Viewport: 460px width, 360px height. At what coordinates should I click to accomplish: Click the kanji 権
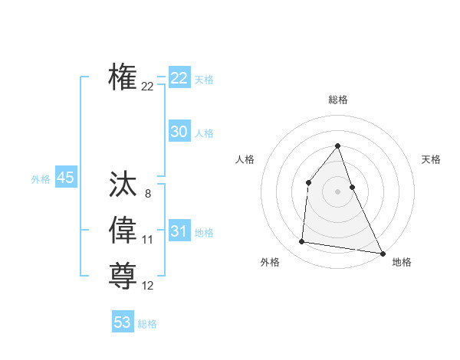click(123, 77)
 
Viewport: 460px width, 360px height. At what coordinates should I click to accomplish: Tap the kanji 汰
click(123, 185)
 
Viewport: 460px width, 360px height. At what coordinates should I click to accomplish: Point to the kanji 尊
click(123, 275)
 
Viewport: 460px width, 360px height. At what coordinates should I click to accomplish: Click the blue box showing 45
click(65, 178)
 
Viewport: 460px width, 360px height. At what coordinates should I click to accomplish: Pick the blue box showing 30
click(179, 132)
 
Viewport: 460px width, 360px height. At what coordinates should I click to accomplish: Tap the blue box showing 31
click(179, 231)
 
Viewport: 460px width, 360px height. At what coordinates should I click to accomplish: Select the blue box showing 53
click(123, 322)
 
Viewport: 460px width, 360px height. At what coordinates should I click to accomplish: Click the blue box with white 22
click(179, 78)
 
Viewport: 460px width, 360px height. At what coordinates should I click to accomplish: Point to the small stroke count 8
click(147, 195)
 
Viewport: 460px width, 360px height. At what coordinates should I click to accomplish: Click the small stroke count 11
click(147, 240)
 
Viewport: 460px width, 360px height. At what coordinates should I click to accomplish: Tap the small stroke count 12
click(147, 286)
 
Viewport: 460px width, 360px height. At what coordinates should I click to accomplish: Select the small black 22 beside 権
click(147, 87)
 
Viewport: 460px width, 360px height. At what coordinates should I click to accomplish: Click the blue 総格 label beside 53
click(147, 324)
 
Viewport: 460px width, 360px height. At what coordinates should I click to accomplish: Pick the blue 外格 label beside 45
click(41, 179)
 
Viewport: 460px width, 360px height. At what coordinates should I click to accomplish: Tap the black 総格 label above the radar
click(337, 100)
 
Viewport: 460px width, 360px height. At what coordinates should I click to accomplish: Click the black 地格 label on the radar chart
click(402, 262)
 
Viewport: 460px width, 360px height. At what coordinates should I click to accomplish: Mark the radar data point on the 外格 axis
click(302, 242)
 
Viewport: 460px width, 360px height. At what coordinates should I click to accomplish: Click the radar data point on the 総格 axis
click(337, 146)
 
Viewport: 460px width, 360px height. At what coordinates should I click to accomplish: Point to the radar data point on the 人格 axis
click(308, 182)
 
